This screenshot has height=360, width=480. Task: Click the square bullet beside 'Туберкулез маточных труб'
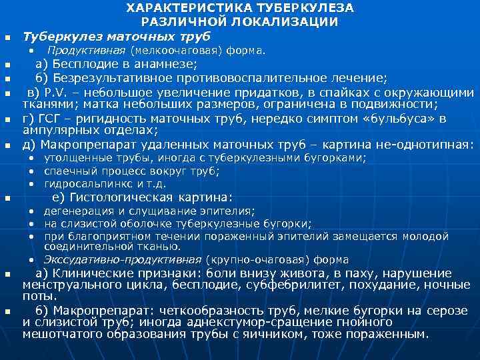coord(7,37)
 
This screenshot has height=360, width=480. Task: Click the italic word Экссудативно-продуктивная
coord(123,260)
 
